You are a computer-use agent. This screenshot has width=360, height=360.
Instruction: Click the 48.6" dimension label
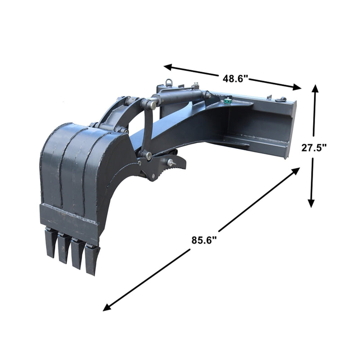235,78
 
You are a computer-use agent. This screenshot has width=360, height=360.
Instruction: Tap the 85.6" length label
204,240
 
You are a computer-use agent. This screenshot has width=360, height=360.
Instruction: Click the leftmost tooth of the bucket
51,243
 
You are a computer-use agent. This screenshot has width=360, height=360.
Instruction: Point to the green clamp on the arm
229,101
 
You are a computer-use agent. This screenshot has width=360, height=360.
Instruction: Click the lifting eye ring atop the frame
170,82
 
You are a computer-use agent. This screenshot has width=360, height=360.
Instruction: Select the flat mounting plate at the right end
290,128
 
